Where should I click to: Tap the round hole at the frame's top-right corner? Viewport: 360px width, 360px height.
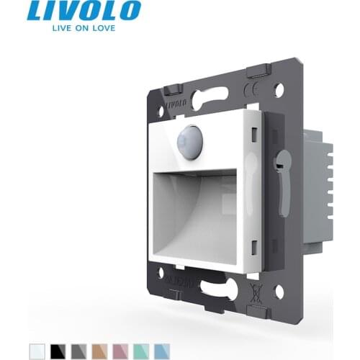click(x=279, y=90)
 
